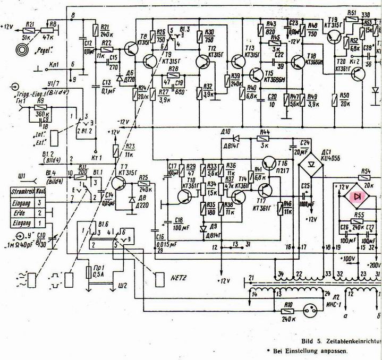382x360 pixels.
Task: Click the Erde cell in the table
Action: point(21,212)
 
